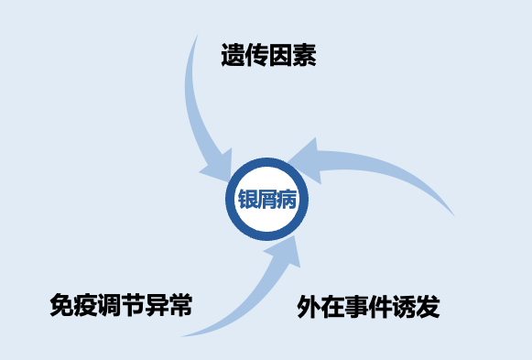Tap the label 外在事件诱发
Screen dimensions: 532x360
[x=368, y=307]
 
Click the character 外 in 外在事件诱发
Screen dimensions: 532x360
[x=309, y=307]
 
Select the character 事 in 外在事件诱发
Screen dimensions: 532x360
[x=356, y=307]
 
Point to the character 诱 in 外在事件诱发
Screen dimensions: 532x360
[x=404, y=307]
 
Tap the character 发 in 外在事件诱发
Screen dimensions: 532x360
[x=428, y=307]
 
